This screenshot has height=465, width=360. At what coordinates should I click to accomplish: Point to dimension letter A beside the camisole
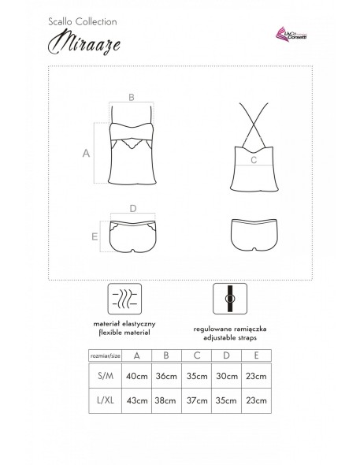point(85,154)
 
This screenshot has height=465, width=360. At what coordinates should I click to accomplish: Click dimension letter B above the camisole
point(132,96)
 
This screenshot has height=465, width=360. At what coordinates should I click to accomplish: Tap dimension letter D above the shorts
point(133,210)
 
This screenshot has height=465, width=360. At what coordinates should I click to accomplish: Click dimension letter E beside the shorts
point(95,236)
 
